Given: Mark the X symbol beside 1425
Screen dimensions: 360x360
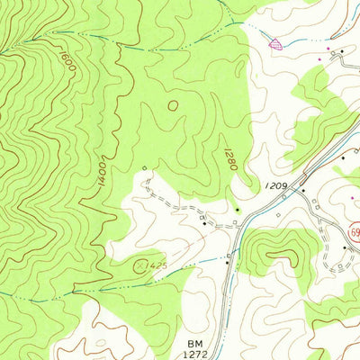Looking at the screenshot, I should [x=139, y=265].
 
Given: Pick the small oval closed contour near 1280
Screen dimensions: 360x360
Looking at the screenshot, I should [x=172, y=105].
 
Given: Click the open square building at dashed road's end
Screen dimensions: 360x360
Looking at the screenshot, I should [x=144, y=168].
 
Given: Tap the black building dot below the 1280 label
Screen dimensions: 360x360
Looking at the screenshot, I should [x=238, y=210].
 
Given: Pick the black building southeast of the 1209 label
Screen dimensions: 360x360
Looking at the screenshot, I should [x=303, y=192].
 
